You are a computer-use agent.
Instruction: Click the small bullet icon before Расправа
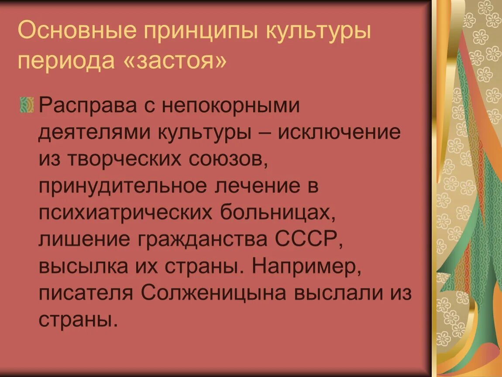coord(27,106)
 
